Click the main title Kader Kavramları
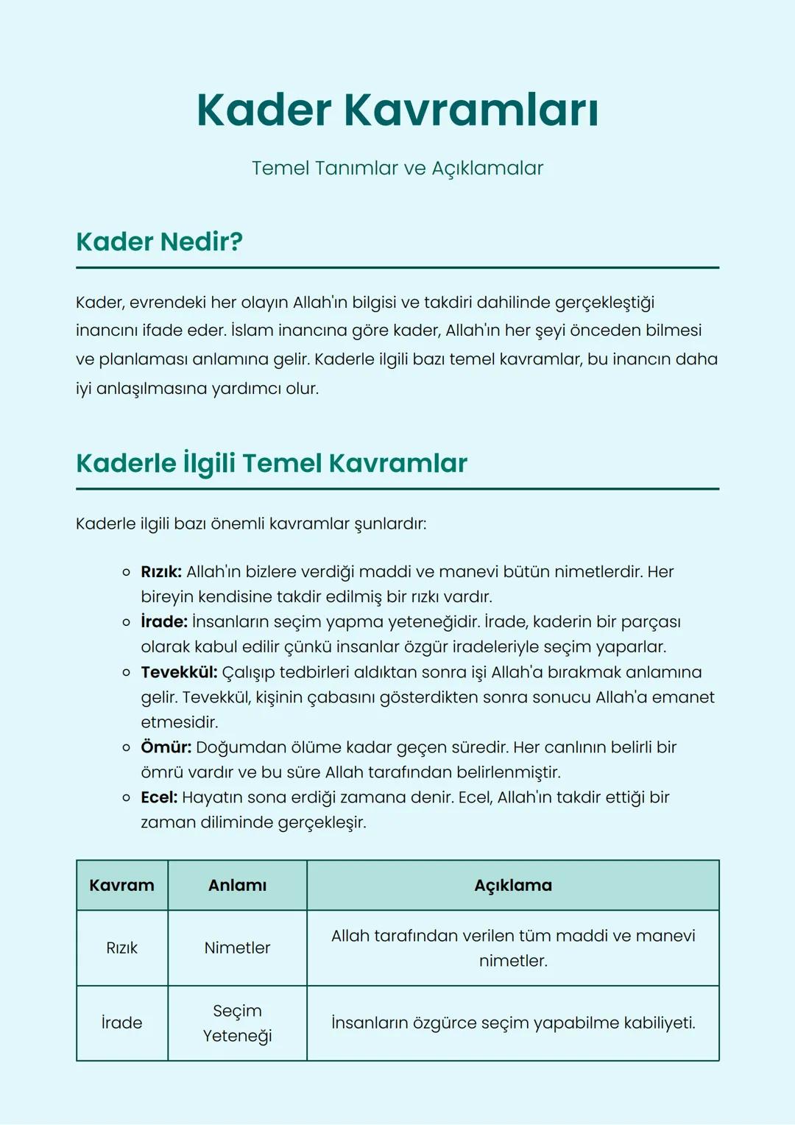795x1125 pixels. pos(397,110)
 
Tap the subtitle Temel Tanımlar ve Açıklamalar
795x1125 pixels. pos(397,168)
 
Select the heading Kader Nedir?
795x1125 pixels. pos(159,241)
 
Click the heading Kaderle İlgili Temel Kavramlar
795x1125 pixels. pos(272,463)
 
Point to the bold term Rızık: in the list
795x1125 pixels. pos(161,572)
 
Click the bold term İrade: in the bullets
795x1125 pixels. pos(164,622)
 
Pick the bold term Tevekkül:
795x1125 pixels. pos(179,672)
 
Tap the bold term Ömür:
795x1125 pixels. pos(166,747)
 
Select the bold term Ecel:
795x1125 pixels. pos(159,797)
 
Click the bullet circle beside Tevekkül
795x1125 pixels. pos(126,673)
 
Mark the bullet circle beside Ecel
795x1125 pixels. pos(126,798)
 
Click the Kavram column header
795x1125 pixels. pos(122,886)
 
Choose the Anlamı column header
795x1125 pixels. pos(237,886)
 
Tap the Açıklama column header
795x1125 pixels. pos(512,886)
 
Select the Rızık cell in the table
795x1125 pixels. pos(122,948)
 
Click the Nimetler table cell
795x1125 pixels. pos(237,948)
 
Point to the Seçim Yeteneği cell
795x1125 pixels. pos(237,1023)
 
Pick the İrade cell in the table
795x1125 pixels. pos(122,1023)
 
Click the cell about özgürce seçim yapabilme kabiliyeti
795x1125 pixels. pos(512,1023)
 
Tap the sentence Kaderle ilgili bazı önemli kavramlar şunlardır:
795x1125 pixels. pos(251,524)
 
